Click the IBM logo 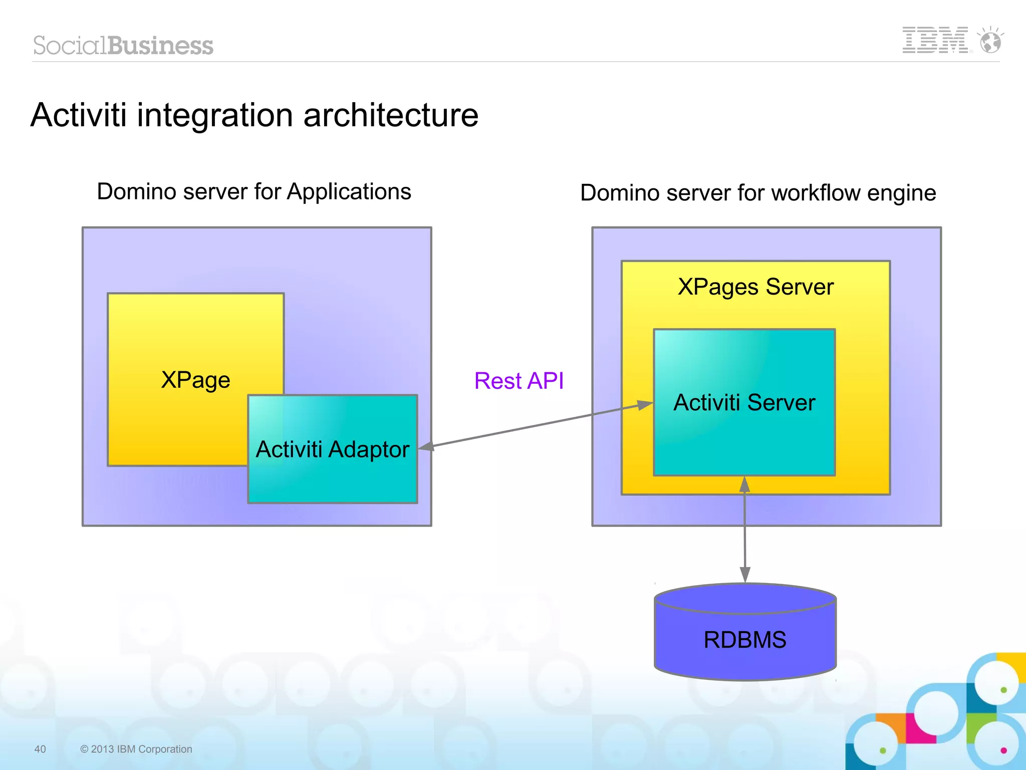[935, 40]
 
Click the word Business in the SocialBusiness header [160, 46]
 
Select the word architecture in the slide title [391, 115]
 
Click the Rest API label [519, 381]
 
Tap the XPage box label [195, 380]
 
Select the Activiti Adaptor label [332, 449]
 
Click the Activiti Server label [744, 402]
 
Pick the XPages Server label [755, 287]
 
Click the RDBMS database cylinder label [744, 640]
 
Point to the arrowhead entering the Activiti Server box [645, 405]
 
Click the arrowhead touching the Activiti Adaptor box [426, 446]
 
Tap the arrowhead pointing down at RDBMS [745, 575]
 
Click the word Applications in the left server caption [349, 192]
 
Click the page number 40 [40, 749]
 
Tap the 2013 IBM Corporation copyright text [136, 749]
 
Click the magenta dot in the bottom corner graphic [1003, 750]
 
